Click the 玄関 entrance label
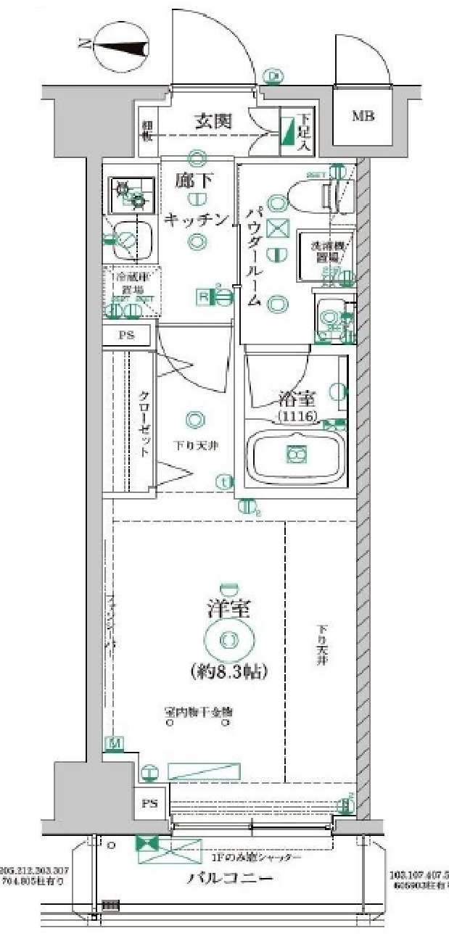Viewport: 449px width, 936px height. coord(213,121)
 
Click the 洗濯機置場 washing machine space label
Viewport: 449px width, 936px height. coord(326,251)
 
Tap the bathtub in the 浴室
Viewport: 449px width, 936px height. coord(295,455)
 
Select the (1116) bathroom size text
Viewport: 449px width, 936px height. coord(295,415)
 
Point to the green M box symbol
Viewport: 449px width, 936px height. coord(114,743)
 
